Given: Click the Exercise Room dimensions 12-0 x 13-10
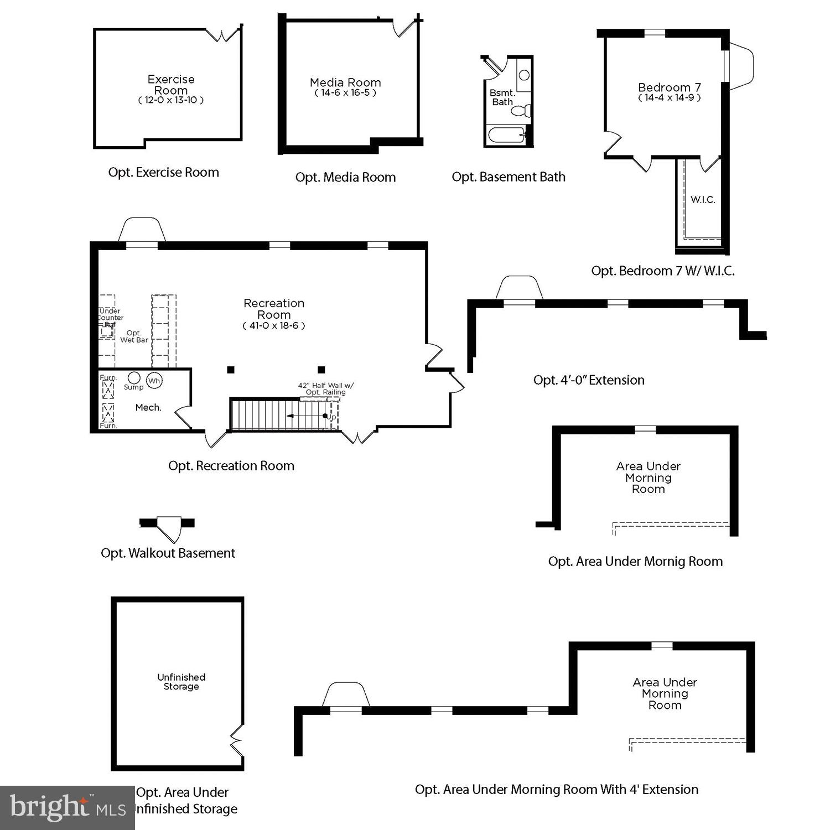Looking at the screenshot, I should (x=171, y=100).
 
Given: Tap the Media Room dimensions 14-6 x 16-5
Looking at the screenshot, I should (x=345, y=93).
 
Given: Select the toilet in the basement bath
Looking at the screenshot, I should (x=521, y=111).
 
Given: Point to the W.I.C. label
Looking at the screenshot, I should (x=703, y=200).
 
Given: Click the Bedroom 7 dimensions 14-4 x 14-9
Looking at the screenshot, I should (x=670, y=98).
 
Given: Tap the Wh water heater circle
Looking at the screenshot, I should (x=154, y=381).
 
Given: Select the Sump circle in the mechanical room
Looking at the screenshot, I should (x=134, y=378).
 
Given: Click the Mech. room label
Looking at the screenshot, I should (x=148, y=408).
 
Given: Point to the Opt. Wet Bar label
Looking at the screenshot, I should (x=134, y=336).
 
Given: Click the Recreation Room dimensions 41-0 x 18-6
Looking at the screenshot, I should (x=274, y=326).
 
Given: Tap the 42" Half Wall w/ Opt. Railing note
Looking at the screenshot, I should (x=326, y=388).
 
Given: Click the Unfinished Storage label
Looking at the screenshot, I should (x=181, y=682).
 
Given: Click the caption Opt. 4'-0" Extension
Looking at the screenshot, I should (x=589, y=380).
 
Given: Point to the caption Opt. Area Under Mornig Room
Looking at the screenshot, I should (x=635, y=562).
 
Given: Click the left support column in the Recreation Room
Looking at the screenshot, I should (x=231, y=370).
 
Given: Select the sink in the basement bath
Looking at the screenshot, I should (x=524, y=75).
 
